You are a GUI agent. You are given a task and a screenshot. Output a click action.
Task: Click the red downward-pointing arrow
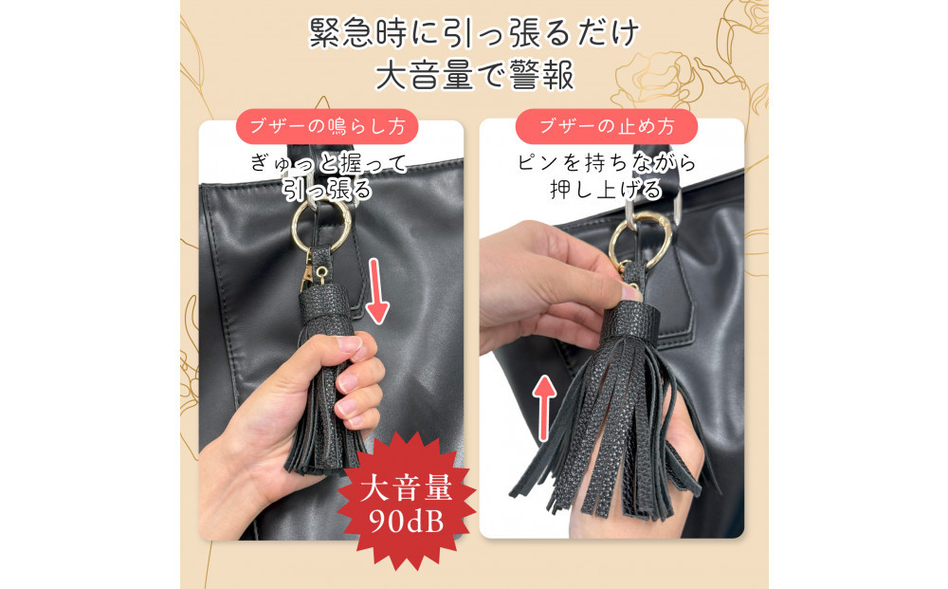[377, 291]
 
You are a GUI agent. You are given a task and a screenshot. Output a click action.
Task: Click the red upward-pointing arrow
[545, 407]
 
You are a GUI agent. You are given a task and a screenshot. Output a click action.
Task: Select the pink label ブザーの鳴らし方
[327, 126]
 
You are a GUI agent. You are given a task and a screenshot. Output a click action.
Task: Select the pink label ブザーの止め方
[607, 126]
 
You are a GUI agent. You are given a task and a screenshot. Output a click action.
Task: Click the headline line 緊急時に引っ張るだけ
[475, 32]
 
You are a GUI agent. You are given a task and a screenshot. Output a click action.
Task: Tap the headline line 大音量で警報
[475, 75]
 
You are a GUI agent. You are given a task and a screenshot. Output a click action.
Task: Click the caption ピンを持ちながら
[607, 163]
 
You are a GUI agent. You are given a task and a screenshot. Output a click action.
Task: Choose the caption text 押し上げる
[607, 190]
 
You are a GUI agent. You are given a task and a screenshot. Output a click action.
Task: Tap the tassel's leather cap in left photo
[324, 309]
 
